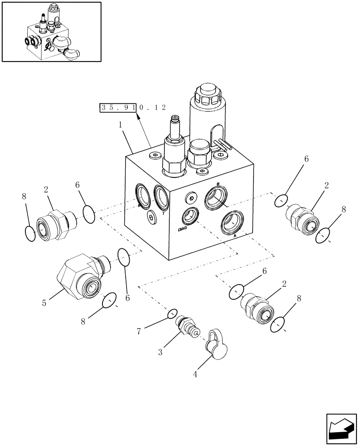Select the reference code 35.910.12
click(133, 107)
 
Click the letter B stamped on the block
click(218, 184)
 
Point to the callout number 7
click(139, 330)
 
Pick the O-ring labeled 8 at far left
click(30, 233)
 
